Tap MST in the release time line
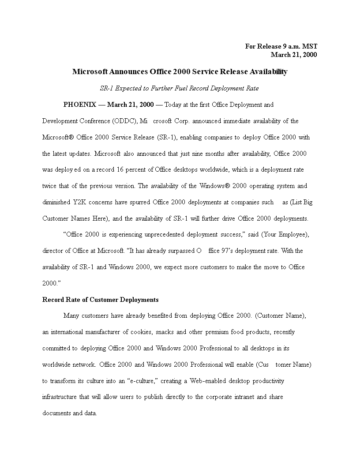click(309, 46)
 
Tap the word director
click(53, 251)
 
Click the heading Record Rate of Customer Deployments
click(100, 300)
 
